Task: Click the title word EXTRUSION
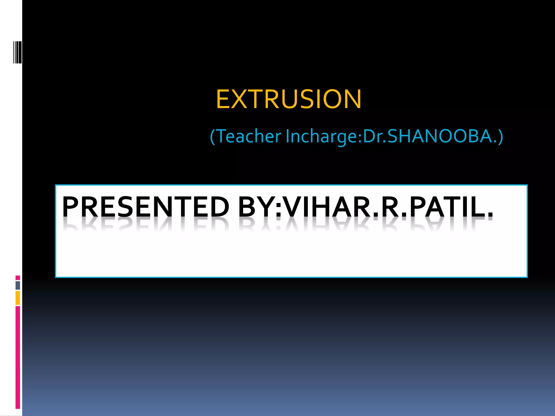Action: pyautogui.click(x=289, y=99)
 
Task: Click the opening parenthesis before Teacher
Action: pyautogui.click(x=213, y=136)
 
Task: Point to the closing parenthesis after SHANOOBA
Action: pyautogui.click(x=500, y=136)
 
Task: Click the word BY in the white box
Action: pyautogui.click(x=256, y=207)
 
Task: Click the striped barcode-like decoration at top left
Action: pyautogui.click(x=17, y=52)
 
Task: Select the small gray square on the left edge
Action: pyautogui.click(x=18, y=285)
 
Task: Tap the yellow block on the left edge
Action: pyautogui.click(x=18, y=298)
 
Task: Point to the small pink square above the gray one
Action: pyautogui.click(x=18, y=278)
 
